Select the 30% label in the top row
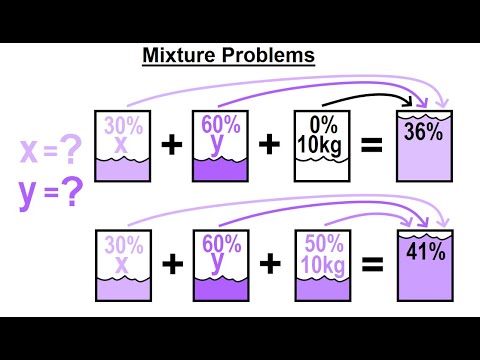click(x=122, y=126)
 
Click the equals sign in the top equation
click(x=372, y=147)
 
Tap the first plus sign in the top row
click(x=172, y=147)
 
